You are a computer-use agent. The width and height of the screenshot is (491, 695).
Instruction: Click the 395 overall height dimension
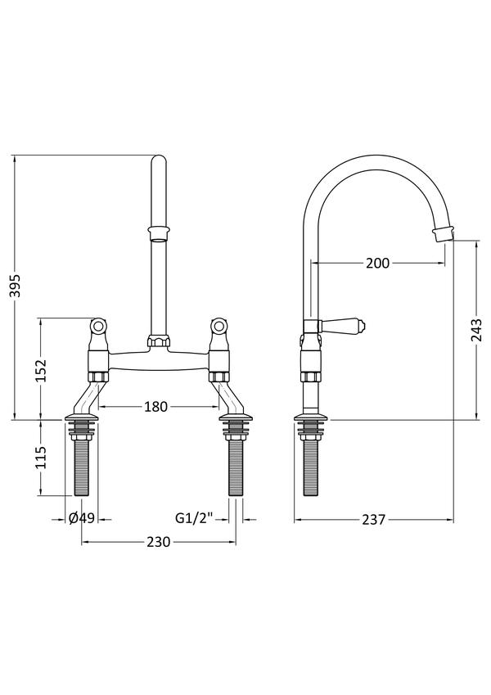16,287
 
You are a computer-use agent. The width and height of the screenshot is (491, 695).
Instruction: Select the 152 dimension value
41,371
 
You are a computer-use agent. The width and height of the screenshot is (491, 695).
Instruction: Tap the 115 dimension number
41,457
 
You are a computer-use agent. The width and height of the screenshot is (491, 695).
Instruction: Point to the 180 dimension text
156,406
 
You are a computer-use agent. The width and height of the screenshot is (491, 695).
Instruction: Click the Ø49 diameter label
82,518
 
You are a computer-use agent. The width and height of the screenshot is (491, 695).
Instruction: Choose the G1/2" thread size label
195,517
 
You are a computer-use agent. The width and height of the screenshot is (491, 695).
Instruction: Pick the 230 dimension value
158,542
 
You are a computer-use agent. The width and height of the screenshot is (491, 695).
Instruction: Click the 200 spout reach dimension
377,264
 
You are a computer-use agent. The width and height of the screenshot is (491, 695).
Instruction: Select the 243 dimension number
476,330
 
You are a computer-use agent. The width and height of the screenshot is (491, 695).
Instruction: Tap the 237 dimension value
374,520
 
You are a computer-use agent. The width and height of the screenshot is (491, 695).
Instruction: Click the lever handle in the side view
342,327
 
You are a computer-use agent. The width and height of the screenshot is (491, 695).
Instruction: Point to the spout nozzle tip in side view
444,233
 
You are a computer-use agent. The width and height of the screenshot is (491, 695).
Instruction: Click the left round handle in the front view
98,327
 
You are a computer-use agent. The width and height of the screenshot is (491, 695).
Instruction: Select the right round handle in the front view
219,327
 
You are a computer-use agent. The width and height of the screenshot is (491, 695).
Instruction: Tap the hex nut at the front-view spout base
159,341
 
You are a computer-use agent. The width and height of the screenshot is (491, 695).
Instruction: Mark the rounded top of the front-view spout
159,161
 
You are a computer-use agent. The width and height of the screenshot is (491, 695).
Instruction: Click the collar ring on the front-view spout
159,232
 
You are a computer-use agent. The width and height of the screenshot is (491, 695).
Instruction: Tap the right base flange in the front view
236,417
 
